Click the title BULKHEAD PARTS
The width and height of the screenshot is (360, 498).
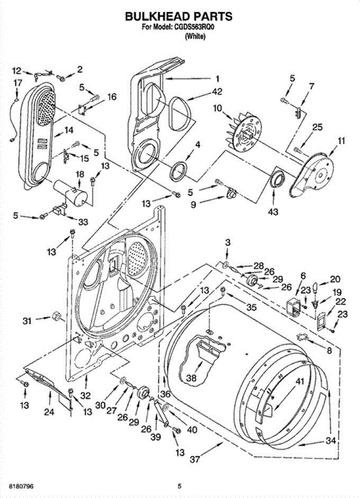[179, 17]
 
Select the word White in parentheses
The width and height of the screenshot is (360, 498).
[195, 37]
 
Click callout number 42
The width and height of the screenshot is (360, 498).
[217, 92]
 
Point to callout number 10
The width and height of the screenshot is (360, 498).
[218, 109]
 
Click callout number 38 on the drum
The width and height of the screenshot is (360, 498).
[191, 378]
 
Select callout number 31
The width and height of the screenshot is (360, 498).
[27, 321]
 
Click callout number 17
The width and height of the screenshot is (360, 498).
[18, 83]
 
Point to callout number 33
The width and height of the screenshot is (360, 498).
[83, 222]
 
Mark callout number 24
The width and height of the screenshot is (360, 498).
[49, 412]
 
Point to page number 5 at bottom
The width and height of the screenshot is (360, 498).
[179, 486]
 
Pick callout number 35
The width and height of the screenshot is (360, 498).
[251, 307]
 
